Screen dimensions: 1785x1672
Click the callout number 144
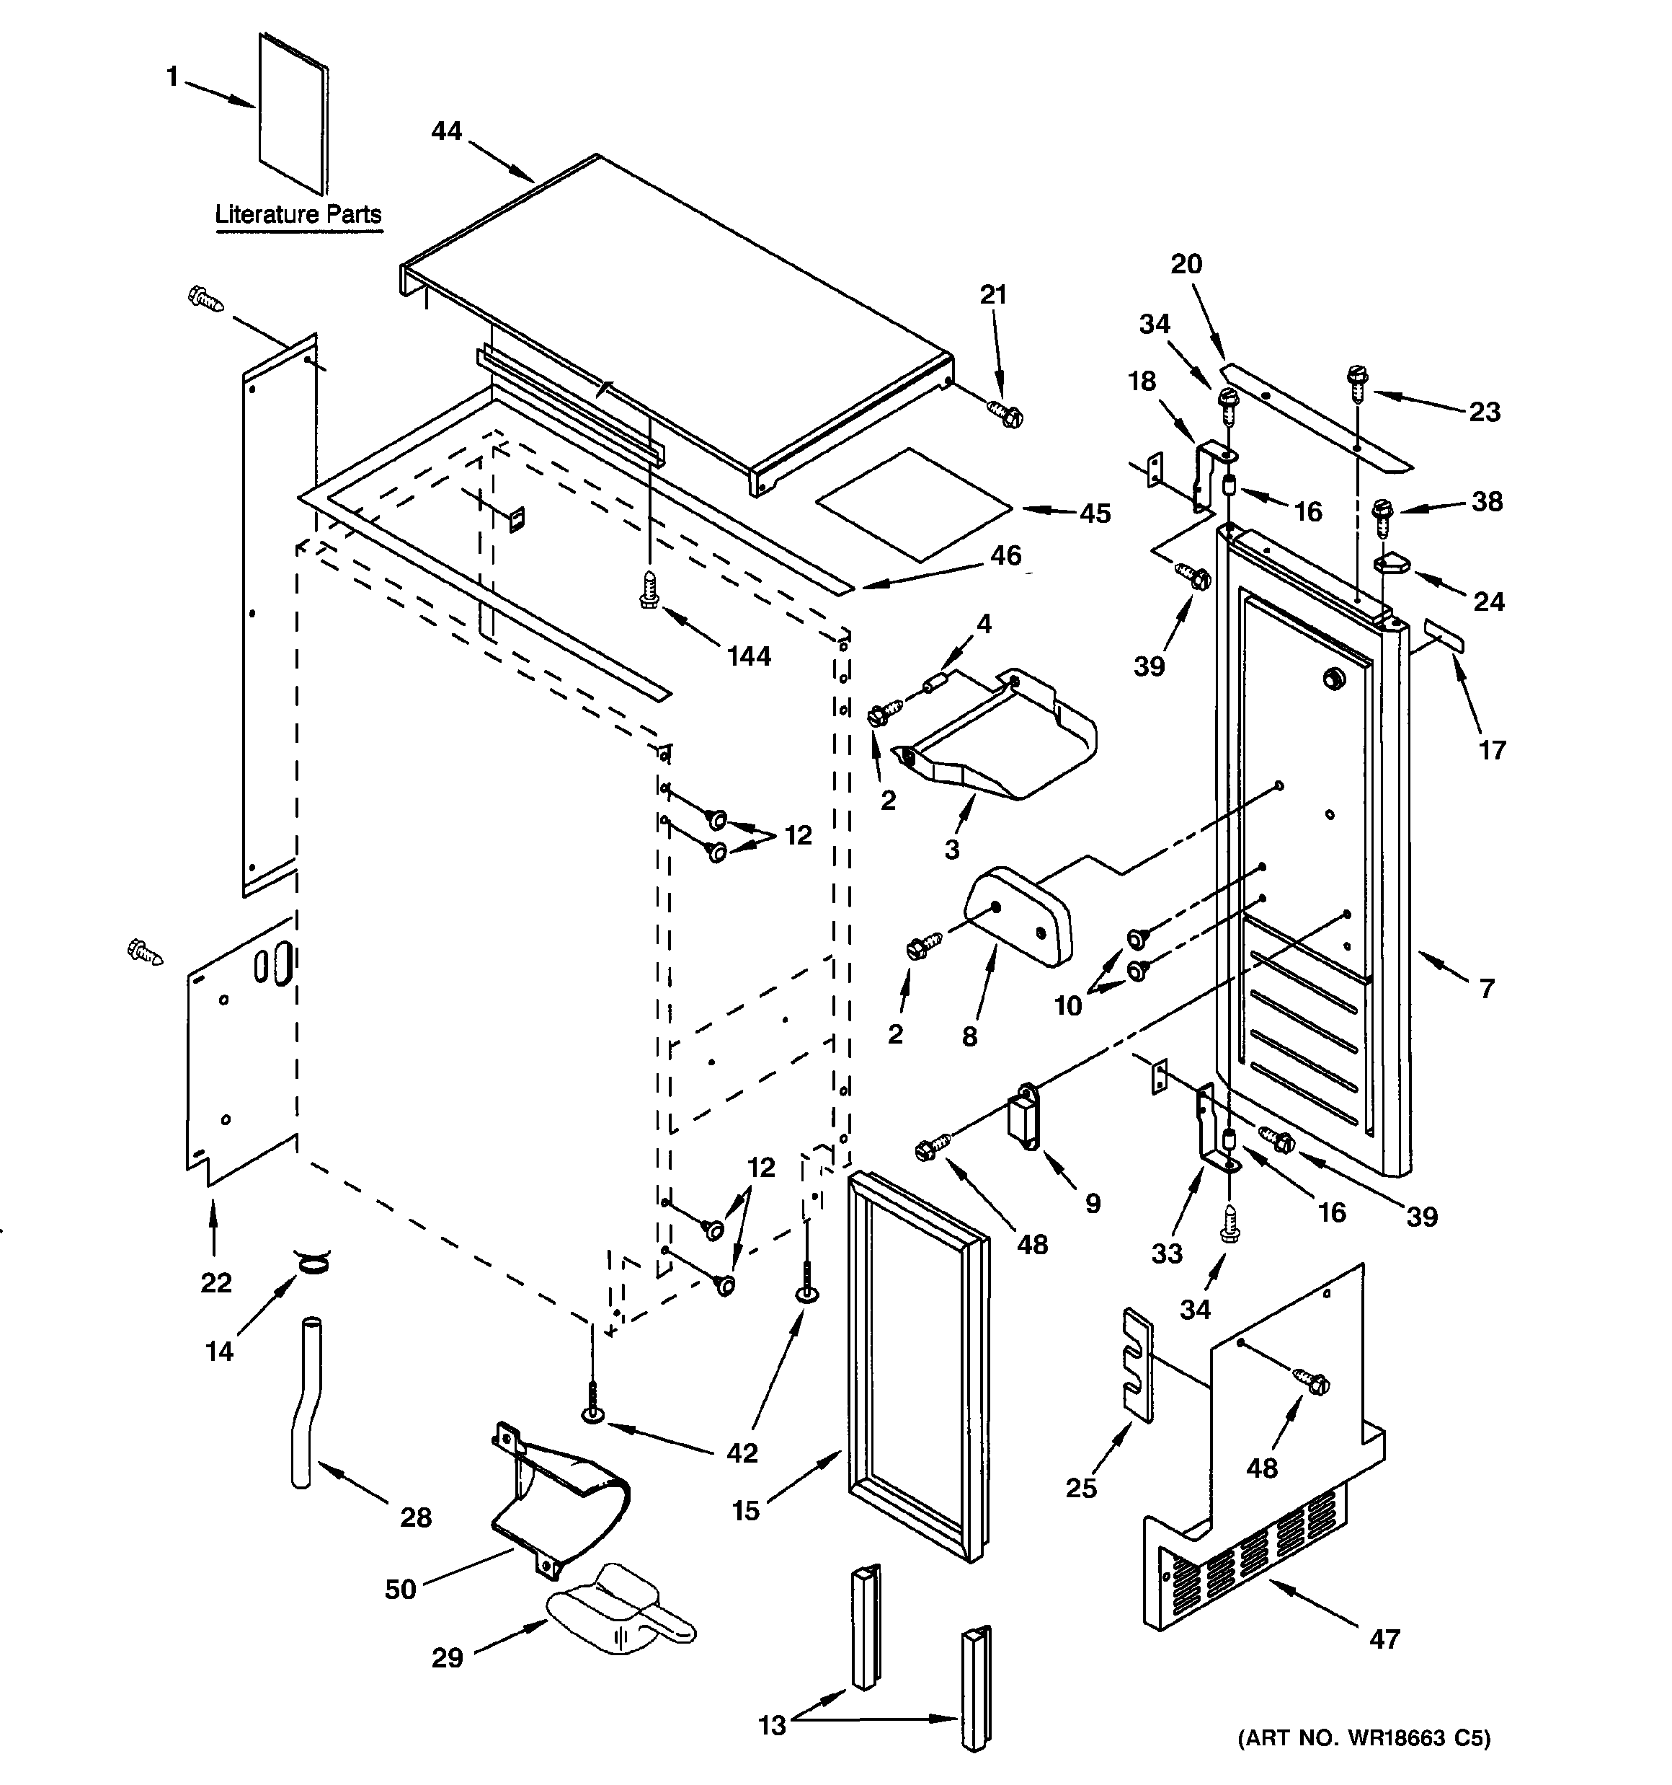pos(749,656)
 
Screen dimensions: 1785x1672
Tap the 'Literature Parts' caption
pos(298,215)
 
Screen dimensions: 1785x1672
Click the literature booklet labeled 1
pos(293,114)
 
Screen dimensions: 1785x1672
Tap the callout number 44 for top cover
pos(446,131)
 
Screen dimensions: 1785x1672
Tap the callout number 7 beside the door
pos(1486,989)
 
